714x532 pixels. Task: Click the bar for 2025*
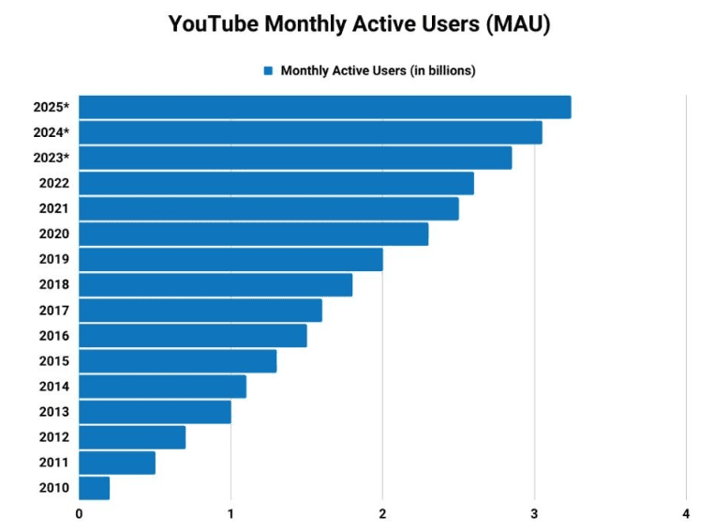324,107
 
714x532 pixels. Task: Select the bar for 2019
231,259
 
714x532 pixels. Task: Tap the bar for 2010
94,488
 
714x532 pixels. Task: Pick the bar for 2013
155,412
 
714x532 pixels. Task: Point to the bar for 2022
276,183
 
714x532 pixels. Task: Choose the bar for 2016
193,336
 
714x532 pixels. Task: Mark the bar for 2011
117,463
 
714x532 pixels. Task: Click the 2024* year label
52,132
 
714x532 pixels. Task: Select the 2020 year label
53,234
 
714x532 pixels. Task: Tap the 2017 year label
53,311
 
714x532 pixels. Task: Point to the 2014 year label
53,387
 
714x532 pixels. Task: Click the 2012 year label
53,437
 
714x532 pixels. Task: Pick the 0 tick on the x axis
79,514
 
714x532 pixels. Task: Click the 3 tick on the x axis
534,514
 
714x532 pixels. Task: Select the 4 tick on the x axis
686,514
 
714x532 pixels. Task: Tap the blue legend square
268,70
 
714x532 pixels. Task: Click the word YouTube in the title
213,24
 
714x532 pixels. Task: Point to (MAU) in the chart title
517,24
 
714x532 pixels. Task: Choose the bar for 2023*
295,158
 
